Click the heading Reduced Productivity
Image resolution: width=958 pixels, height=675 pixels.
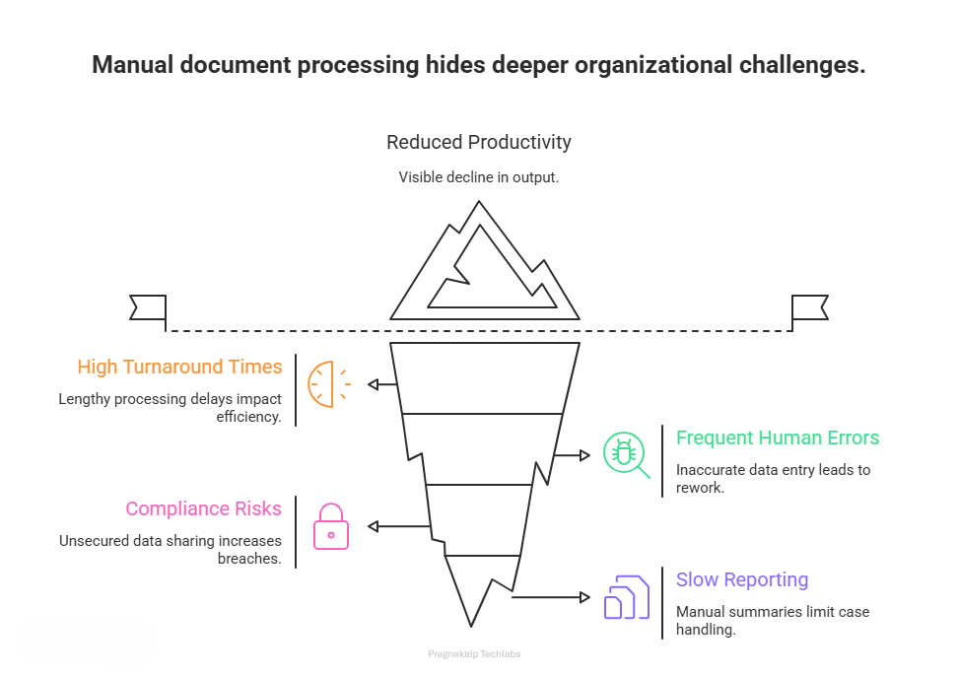point(478,142)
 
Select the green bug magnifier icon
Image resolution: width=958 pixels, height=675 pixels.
point(625,454)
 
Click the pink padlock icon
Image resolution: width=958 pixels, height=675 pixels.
point(331,526)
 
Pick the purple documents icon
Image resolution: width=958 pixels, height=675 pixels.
point(626,596)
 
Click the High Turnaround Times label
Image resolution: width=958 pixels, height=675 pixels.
point(179,368)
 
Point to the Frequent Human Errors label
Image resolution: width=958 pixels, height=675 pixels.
point(777,438)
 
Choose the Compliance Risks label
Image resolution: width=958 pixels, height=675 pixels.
point(203,509)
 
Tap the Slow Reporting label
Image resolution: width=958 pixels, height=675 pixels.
point(741,579)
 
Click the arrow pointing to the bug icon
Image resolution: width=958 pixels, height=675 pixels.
point(572,455)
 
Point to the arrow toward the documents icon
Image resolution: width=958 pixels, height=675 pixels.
point(550,597)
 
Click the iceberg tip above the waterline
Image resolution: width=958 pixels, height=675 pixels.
point(483,266)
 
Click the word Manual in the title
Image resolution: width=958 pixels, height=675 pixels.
point(132,66)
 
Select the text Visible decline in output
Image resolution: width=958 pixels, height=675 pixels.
point(478,177)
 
